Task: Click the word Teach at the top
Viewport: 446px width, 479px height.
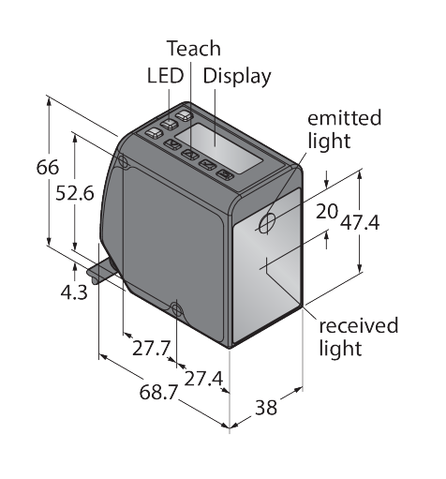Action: [x=194, y=49]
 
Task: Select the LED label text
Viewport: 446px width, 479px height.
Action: [x=165, y=76]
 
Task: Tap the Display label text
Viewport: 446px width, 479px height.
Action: [x=237, y=77]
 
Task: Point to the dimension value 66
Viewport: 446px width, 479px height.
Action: [x=48, y=167]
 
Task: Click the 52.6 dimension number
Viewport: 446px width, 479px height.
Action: [x=75, y=193]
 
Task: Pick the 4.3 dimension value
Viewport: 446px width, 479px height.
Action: [x=74, y=293]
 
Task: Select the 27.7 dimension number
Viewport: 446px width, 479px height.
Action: [x=152, y=348]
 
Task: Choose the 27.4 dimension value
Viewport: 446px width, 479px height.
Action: [x=203, y=379]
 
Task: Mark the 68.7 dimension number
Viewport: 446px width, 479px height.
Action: [x=158, y=392]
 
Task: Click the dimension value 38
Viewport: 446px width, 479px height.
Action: [x=266, y=408]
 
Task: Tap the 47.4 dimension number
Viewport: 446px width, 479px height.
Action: [x=360, y=223]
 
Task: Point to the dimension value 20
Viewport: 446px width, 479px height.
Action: [x=327, y=211]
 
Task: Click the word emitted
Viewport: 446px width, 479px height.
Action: [x=345, y=118]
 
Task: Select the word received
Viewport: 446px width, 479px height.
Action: [x=359, y=325]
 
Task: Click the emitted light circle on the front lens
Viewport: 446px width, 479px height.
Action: [x=267, y=222]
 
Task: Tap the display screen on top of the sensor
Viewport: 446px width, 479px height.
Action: [x=218, y=148]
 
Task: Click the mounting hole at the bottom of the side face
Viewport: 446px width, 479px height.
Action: [x=177, y=310]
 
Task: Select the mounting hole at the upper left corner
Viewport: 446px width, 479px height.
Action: [x=123, y=161]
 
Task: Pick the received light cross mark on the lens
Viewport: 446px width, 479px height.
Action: [x=266, y=266]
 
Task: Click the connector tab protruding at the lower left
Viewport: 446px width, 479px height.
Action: [x=101, y=271]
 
